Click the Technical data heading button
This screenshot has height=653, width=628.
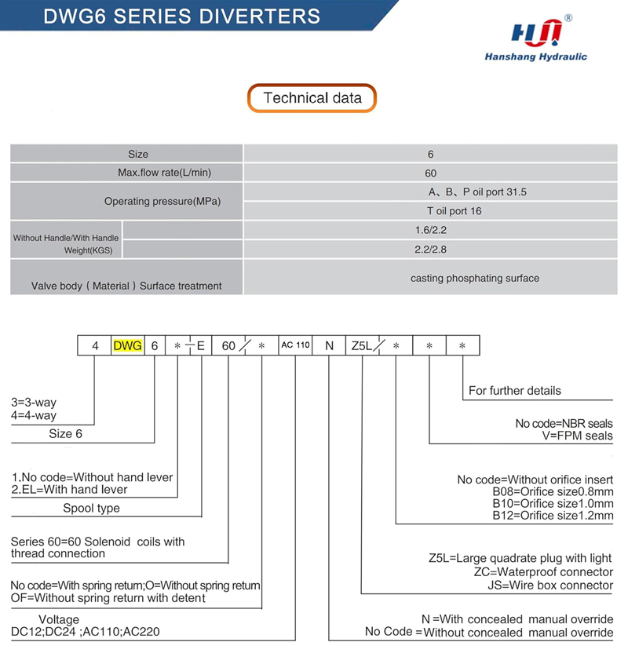312,98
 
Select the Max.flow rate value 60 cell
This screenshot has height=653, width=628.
430,173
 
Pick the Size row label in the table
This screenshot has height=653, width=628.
138,154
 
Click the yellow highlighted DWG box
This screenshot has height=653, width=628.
128,345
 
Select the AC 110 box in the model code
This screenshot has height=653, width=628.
295,345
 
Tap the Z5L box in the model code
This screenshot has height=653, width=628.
363,345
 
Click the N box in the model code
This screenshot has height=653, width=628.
329,345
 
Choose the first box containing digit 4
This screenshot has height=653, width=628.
94,345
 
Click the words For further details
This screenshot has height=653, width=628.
514,390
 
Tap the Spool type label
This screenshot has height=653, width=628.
92,508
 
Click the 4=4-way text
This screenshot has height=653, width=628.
34,415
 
